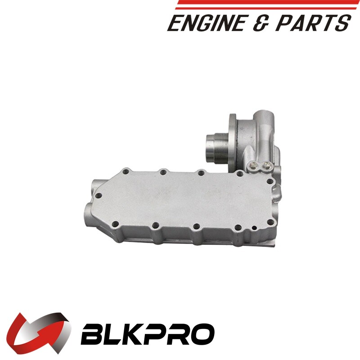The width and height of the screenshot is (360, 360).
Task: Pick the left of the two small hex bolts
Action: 254,165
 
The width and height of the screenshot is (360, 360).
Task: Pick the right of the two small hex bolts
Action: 266,165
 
